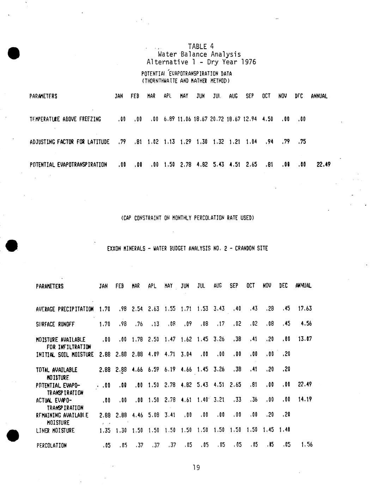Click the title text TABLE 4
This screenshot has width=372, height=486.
point(201,46)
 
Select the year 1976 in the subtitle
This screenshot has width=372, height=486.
point(249,62)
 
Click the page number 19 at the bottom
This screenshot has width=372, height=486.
point(196,468)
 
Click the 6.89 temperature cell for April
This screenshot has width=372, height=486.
point(169,119)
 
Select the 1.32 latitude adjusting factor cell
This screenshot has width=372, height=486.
point(219,142)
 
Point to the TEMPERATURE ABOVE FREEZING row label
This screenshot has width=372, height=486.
point(65,119)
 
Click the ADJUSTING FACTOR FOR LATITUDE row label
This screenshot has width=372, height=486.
point(69,142)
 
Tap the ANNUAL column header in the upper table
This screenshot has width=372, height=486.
point(319,96)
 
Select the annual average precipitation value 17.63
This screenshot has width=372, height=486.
point(305,309)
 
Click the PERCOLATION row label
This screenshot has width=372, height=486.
point(51,445)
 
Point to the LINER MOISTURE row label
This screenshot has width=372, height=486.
point(55,430)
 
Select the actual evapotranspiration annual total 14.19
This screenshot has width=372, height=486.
point(305,399)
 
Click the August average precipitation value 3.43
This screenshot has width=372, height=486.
point(219,309)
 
